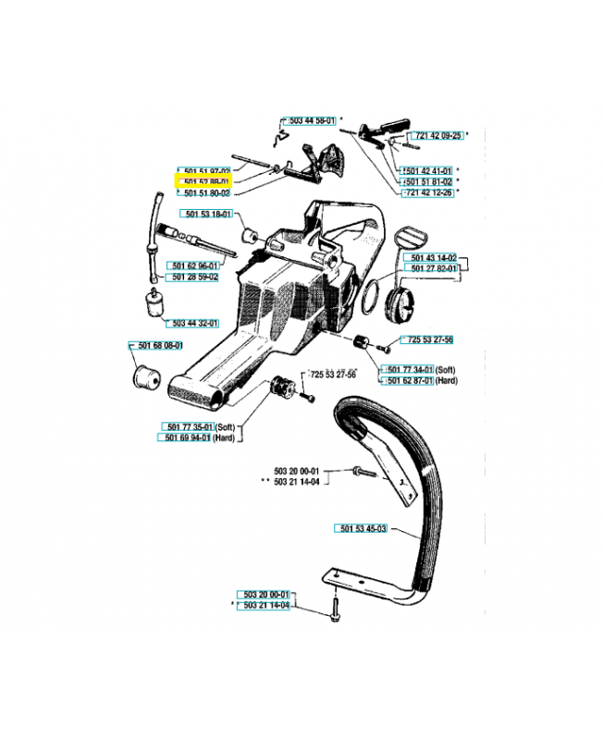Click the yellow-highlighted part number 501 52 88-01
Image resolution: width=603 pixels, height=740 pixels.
click(x=204, y=182)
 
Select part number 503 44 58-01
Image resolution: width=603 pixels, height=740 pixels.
click(x=312, y=121)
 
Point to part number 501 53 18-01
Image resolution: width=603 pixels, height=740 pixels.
click(x=207, y=214)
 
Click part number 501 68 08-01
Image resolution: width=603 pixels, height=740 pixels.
click(x=156, y=346)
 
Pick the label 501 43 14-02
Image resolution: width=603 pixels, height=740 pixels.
click(x=433, y=256)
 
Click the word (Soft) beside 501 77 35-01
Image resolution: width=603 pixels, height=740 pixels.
click(x=227, y=425)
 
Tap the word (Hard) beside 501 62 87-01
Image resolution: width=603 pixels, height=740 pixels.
click(x=449, y=380)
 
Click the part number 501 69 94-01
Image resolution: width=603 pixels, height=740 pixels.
click(x=187, y=437)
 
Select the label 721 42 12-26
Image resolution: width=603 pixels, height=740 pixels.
click(x=427, y=192)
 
